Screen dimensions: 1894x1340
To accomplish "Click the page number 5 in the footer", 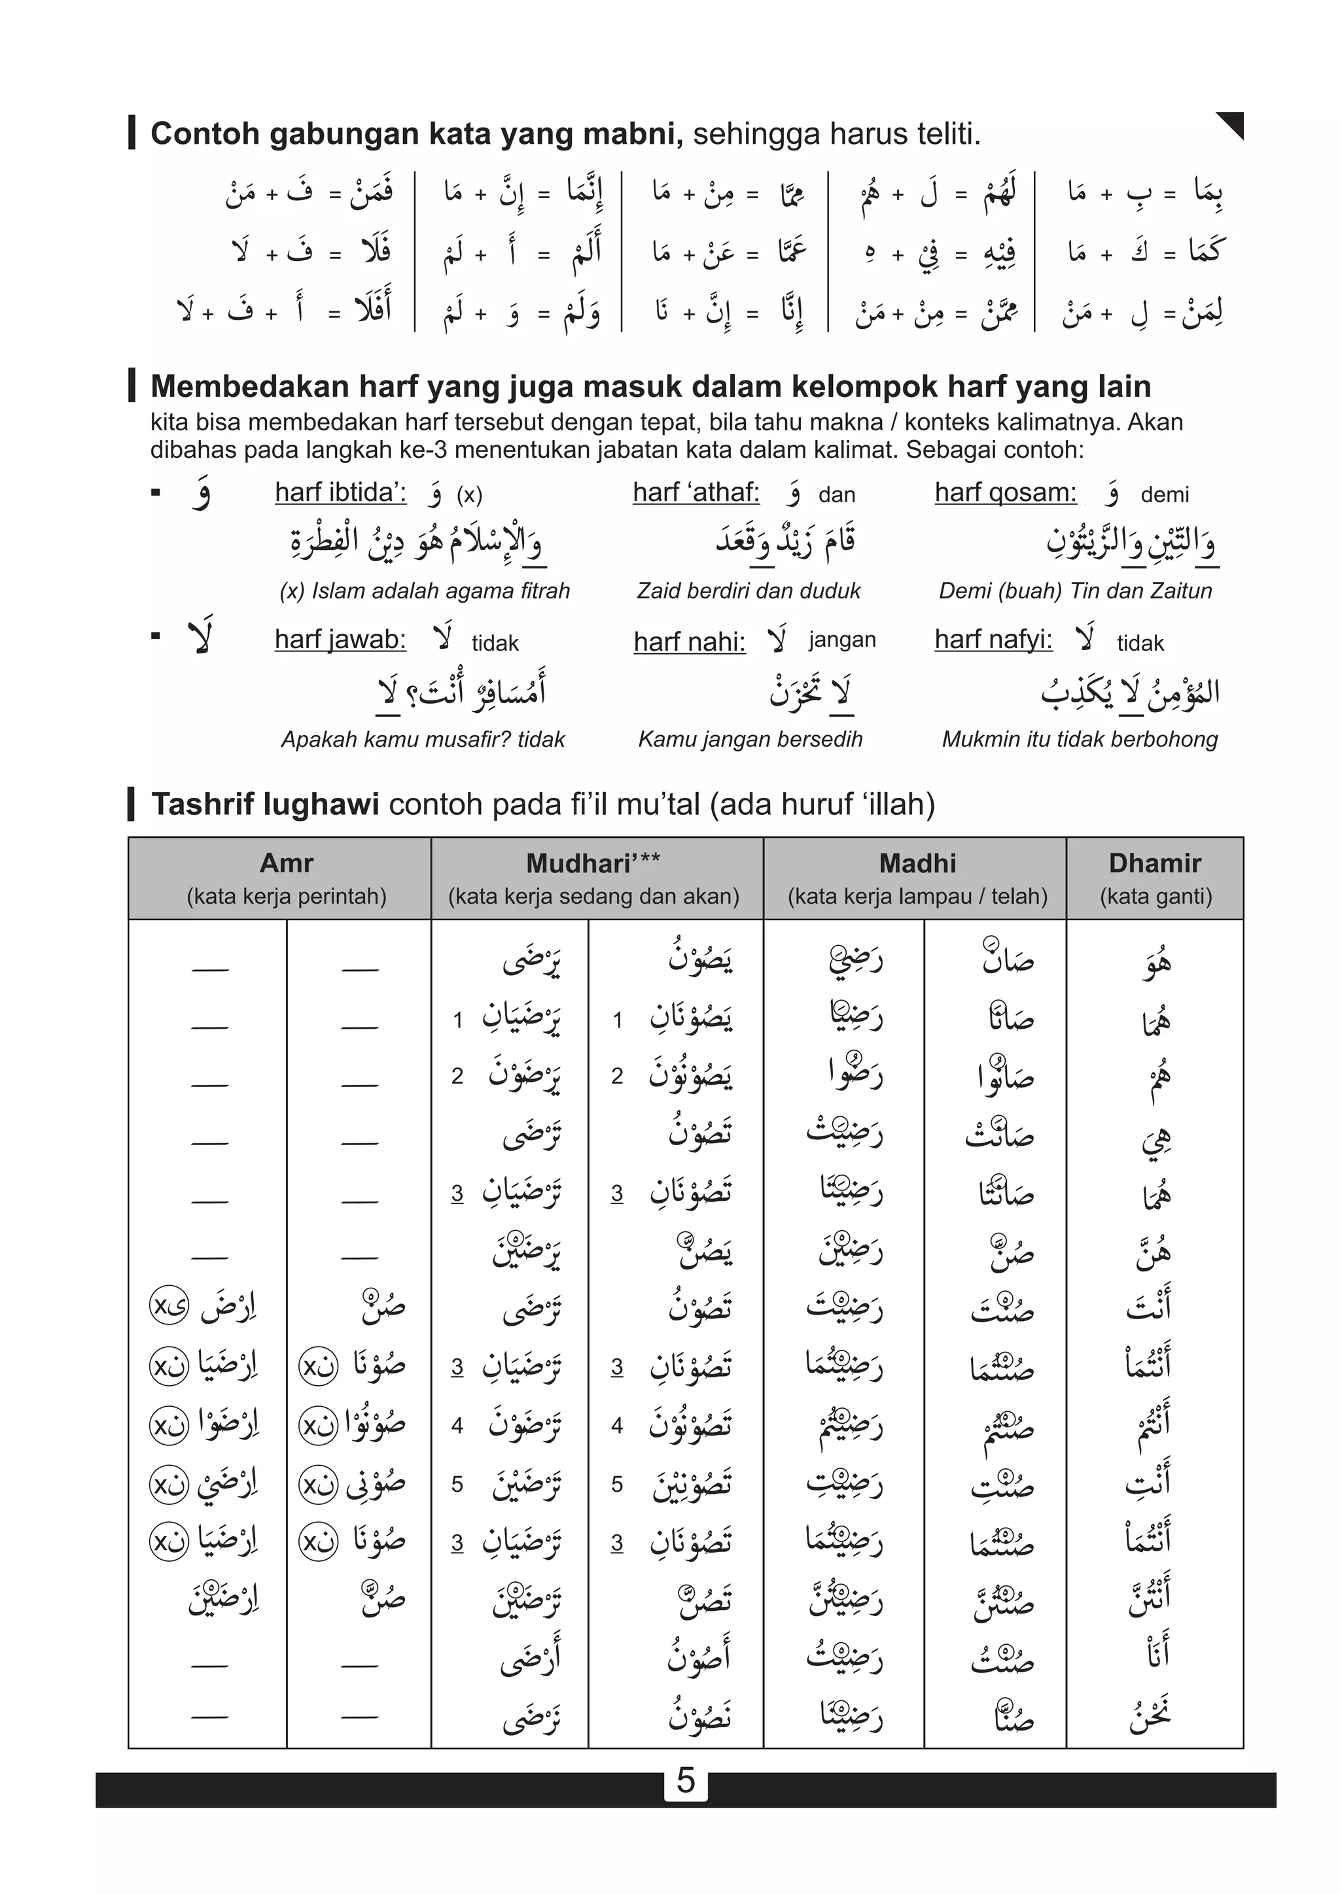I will (686, 1781).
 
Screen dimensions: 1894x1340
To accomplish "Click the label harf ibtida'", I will (340, 492).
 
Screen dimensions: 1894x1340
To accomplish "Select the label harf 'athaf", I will (696, 492).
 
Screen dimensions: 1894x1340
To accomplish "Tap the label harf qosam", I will (1005, 492).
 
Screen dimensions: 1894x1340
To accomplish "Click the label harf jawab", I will (340, 640).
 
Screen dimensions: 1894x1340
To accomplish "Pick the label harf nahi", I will (689, 641).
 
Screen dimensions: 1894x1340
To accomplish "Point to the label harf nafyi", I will (993, 640).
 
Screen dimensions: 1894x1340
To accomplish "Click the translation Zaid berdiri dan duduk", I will (749, 591).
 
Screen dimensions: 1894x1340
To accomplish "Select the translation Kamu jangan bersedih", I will (750, 739).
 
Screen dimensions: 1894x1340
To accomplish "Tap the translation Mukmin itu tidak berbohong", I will (1079, 739).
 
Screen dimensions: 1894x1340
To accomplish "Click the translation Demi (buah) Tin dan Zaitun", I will (1075, 591).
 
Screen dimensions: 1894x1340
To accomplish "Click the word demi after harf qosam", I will (1164, 495).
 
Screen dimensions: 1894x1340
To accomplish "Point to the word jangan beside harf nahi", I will (841, 640).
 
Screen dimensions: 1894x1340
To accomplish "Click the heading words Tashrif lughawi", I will (265, 804).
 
